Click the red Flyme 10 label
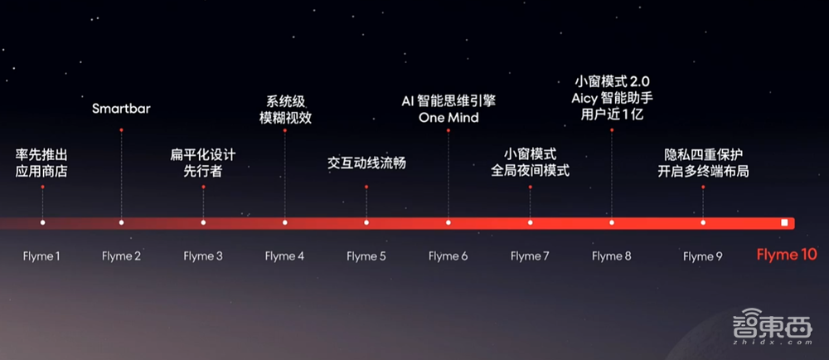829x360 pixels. (786, 255)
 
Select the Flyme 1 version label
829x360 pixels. (41, 256)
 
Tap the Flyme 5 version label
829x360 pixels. (366, 256)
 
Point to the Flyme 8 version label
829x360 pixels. (612, 256)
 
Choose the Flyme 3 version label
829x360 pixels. (203, 256)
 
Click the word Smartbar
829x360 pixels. (121, 109)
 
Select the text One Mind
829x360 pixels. (448, 117)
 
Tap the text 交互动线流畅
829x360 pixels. (366, 163)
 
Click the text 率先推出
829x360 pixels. (41, 155)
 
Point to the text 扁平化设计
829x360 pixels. (203, 155)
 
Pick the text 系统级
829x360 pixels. (285, 101)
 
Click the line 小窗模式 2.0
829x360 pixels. (613, 81)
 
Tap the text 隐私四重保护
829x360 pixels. (703, 155)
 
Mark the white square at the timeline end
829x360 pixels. (784, 222)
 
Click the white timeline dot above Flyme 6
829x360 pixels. (448, 222)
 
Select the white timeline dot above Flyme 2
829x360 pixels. (122, 222)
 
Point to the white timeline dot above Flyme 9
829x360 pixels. (703, 222)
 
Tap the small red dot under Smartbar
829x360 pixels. (122, 130)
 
